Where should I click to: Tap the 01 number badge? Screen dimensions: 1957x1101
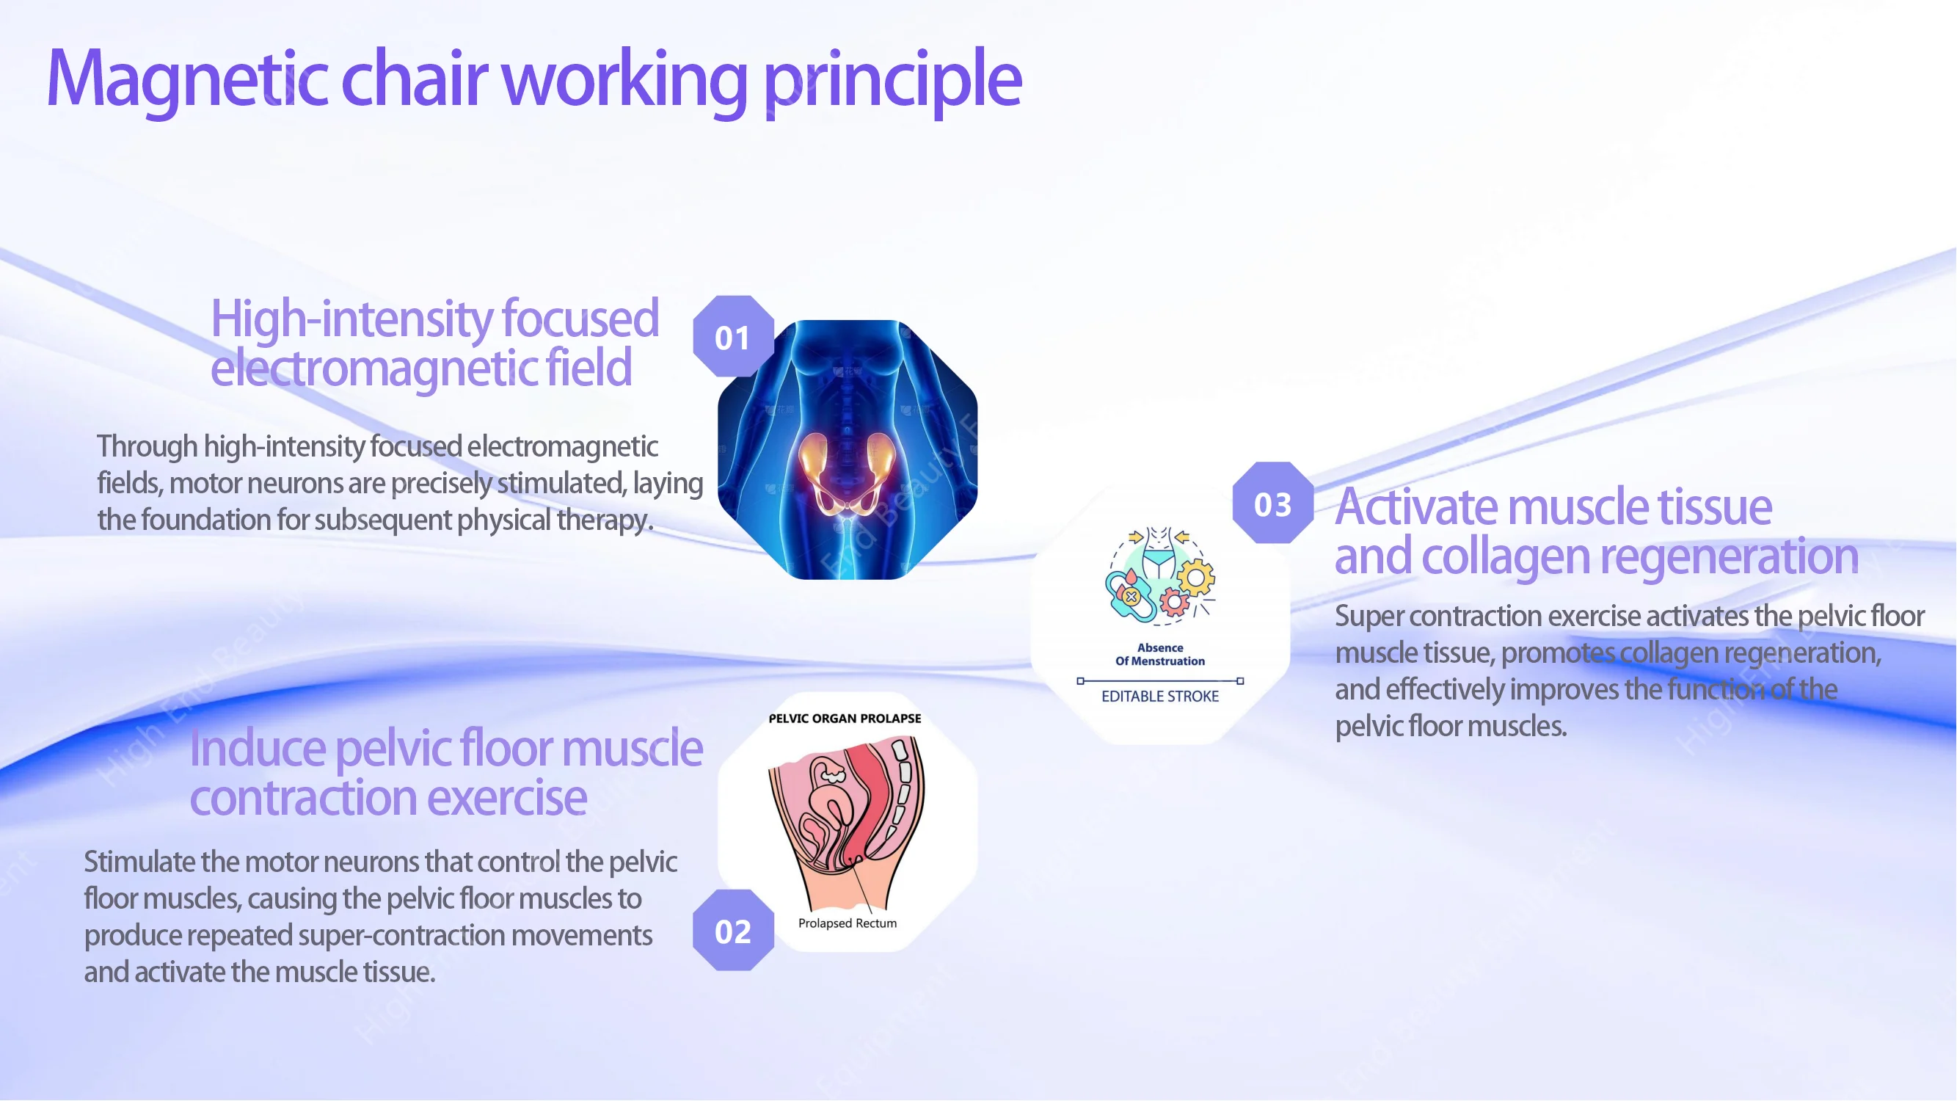733,338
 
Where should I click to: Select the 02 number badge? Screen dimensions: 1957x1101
733,931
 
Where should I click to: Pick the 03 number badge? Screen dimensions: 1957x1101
1272,504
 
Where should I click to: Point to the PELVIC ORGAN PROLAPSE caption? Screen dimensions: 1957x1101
845,718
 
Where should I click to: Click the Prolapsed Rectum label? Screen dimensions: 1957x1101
847,923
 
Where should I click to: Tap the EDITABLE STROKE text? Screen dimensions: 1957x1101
1160,696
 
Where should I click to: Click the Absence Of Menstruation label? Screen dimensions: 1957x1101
1160,654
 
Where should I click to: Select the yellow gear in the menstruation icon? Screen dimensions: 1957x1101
1197,578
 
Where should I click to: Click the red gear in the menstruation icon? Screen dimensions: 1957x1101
1175,603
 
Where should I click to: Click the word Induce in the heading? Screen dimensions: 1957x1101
258,749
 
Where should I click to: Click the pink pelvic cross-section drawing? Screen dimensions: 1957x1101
847,821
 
